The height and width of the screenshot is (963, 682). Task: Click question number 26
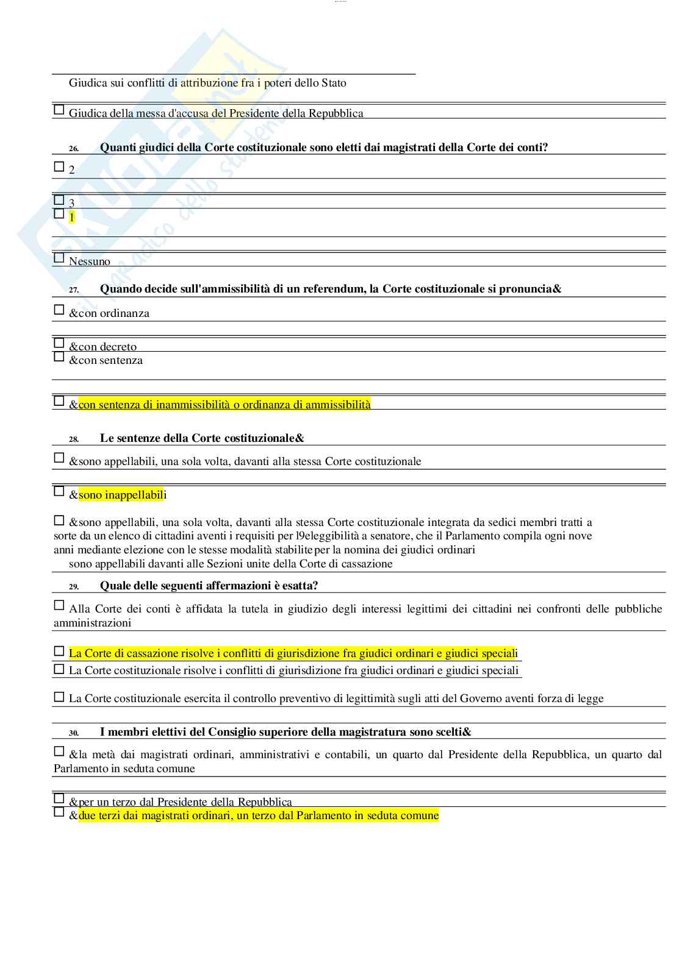pos(73,149)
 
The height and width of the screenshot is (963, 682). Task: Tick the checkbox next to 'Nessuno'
pos(59,258)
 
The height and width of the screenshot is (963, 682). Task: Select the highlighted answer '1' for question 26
pos(72,217)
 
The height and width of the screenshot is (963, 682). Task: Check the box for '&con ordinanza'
pos(59,310)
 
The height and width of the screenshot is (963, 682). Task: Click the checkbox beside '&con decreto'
pos(59,343)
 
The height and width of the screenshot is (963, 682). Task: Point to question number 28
pos(73,439)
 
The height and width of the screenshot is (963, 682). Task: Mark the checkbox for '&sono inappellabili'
pos(59,491)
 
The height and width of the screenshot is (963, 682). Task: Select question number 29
pos(73,587)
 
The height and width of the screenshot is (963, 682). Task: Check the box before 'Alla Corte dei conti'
pos(59,605)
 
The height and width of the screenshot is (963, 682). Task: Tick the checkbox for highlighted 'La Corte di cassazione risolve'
pos(59,651)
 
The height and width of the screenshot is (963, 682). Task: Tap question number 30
pos(73,733)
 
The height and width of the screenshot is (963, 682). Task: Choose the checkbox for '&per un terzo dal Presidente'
pos(59,798)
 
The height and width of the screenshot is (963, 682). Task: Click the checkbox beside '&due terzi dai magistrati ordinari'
pos(59,812)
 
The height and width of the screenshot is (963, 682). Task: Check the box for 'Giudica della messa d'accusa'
pos(59,110)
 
